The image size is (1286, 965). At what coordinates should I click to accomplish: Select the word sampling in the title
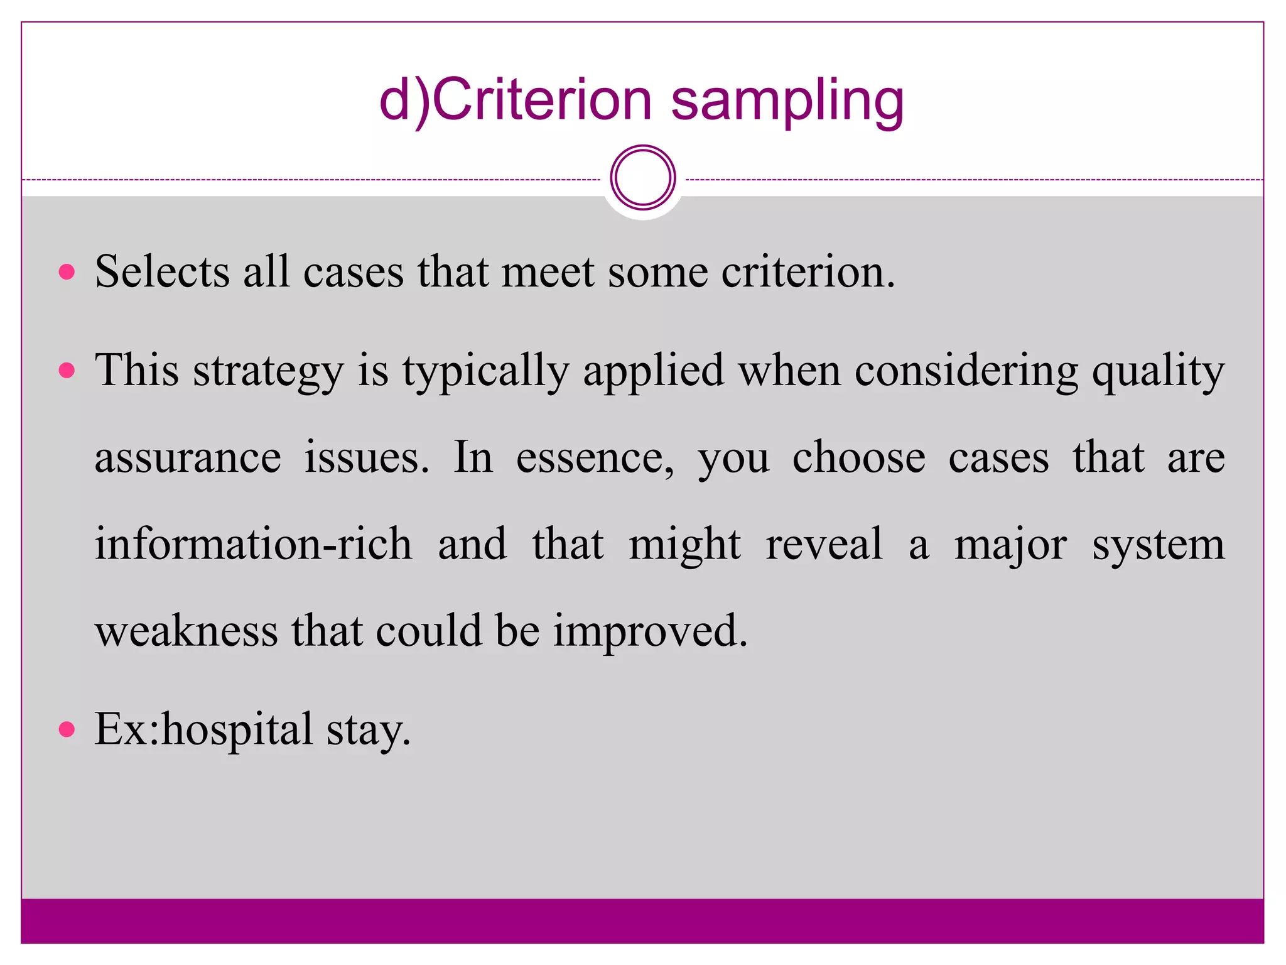[787, 102]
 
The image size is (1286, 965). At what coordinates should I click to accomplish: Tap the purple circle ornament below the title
[642, 178]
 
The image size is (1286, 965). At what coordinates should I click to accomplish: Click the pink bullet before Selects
[67, 272]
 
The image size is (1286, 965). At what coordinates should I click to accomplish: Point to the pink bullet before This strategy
[67, 370]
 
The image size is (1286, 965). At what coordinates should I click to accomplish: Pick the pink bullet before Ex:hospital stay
[67, 729]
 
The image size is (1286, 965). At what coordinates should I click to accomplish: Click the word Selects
[162, 271]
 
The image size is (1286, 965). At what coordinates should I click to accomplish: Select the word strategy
[268, 371]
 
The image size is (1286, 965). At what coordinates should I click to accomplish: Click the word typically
[485, 371]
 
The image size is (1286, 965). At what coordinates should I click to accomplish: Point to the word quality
[1158, 371]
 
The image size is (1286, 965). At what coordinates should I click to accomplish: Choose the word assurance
[188, 457]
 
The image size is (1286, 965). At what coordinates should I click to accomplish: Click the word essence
[595, 457]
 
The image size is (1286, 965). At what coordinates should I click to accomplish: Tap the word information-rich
[253, 544]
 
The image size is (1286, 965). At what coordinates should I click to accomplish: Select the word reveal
[824, 544]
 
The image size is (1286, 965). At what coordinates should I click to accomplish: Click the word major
[1010, 544]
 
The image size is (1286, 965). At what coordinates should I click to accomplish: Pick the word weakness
[186, 630]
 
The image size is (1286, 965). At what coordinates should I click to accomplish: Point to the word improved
[650, 630]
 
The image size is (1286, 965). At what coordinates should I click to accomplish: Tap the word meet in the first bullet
[547, 271]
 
